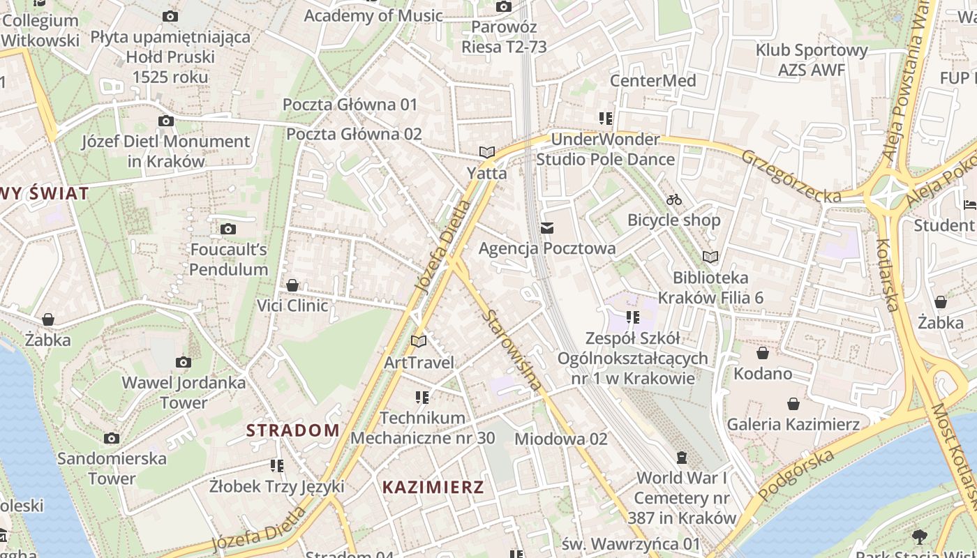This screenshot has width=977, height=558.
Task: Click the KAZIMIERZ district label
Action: click(433, 487)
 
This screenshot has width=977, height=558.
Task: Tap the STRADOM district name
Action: click(292, 430)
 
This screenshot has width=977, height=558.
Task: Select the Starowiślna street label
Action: click(512, 349)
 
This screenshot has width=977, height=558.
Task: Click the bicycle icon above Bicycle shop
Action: click(673, 200)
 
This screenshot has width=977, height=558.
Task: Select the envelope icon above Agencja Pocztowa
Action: click(547, 228)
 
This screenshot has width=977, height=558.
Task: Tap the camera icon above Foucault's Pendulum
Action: click(228, 229)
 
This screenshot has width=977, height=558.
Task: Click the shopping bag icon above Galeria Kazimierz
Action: click(793, 404)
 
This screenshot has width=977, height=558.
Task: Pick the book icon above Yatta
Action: click(486, 152)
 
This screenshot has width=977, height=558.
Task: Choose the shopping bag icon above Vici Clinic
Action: click(292, 285)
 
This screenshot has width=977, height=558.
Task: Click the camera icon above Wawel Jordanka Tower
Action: click(184, 362)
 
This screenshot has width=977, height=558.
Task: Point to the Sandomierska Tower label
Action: click(112, 469)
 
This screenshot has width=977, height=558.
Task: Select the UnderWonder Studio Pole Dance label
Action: click(605, 149)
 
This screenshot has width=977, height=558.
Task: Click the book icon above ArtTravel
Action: click(419, 342)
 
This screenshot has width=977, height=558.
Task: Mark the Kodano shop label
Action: click(763, 373)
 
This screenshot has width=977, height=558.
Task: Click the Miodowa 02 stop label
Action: click(560, 439)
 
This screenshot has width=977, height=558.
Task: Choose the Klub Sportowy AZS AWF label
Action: click(812, 60)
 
